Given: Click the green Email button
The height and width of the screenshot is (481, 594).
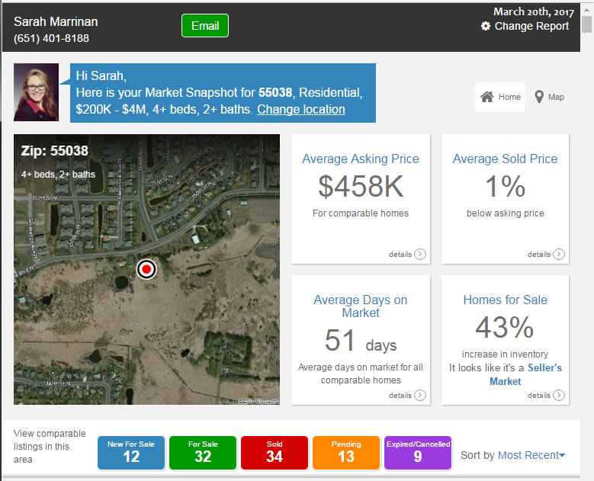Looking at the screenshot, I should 204,25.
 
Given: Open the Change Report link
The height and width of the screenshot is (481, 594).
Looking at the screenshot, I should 531,26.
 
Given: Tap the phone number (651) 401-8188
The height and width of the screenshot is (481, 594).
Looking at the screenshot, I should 51,38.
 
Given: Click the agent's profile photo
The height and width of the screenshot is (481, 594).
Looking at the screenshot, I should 36,92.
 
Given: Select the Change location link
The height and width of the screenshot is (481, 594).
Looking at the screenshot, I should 300,109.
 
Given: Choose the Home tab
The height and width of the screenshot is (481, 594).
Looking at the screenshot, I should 500,97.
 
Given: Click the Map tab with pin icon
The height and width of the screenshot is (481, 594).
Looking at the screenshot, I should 549,97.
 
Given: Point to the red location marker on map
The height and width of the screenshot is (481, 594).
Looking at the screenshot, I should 146,269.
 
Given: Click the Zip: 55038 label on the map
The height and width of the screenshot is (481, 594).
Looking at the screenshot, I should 55,151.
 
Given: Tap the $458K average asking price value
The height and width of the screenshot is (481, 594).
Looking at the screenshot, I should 360,187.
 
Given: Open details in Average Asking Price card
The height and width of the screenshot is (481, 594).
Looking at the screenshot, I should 406,255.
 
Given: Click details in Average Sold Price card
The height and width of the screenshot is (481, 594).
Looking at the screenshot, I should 545,255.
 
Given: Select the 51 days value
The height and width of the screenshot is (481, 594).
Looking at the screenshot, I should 360,342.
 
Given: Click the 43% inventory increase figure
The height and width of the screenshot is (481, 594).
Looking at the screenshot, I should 505,328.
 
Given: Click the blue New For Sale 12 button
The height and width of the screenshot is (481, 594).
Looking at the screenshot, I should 131,453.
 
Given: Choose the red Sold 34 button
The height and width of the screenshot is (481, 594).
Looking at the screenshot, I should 275,453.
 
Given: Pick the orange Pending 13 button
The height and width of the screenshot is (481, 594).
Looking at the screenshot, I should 346,453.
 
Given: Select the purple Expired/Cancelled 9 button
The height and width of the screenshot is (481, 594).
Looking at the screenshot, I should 418,453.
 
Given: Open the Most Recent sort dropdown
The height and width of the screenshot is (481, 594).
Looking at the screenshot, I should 531,455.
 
